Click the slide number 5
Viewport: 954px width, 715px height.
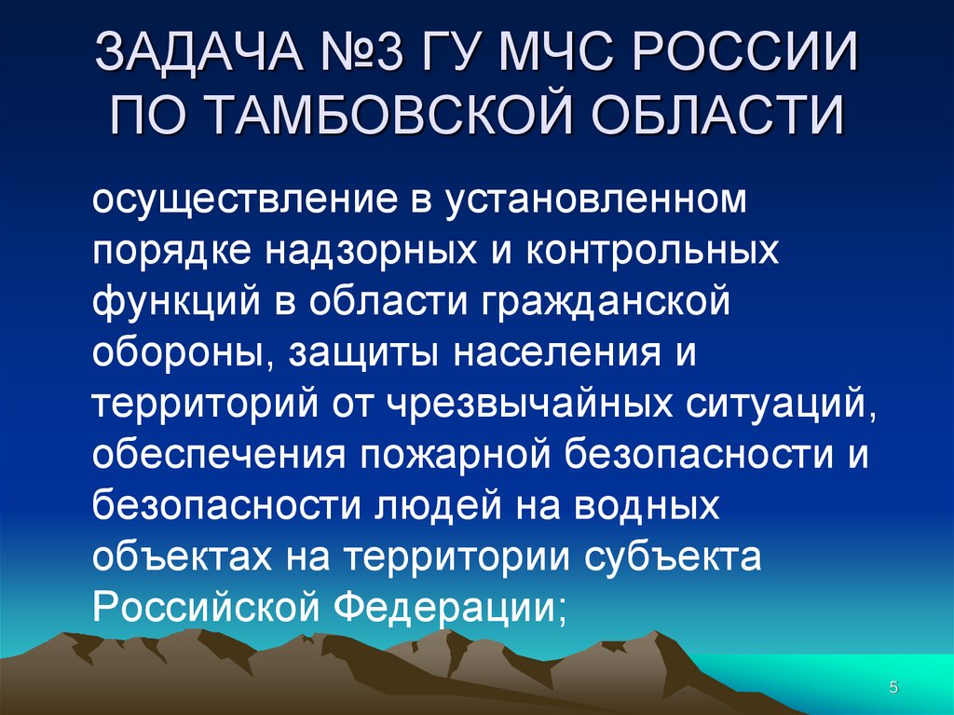coord(893,688)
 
